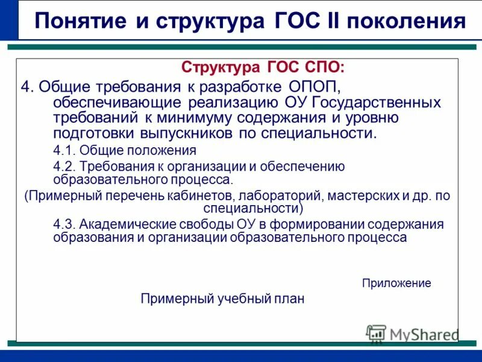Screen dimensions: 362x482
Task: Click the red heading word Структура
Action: [x=219, y=66]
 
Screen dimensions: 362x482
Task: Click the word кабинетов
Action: [x=202, y=196]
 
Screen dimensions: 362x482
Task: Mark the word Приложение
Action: [x=396, y=283]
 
